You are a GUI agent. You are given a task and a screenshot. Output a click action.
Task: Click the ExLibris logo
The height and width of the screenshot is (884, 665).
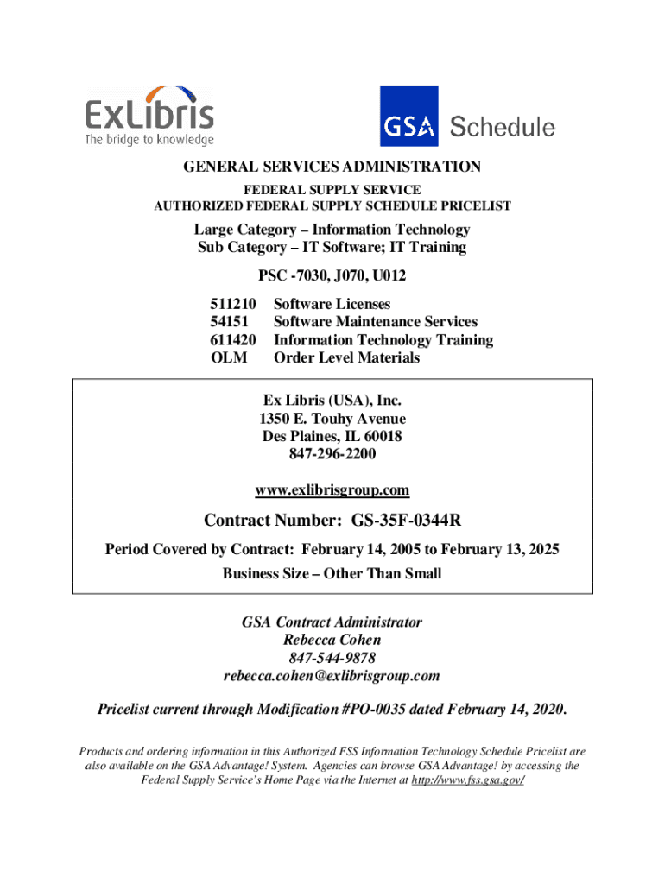[x=149, y=116]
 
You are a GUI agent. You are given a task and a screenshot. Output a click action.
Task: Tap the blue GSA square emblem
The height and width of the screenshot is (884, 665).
[x=409, y=117]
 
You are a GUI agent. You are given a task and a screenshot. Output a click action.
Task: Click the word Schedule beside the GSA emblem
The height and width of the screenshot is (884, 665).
[x=503, y=127]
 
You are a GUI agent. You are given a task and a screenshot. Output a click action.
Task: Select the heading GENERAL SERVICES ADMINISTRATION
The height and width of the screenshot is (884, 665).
[x=332, y=167]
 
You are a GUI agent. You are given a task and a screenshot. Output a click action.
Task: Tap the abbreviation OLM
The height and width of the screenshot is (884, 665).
[x=229, y=357]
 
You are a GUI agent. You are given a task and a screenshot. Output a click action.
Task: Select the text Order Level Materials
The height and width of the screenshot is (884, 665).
[x=346, y=357]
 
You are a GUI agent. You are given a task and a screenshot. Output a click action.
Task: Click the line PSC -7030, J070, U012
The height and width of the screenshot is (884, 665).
[x=332, y=276]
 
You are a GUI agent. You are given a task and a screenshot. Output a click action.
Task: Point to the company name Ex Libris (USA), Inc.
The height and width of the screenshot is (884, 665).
[x=332, y=401]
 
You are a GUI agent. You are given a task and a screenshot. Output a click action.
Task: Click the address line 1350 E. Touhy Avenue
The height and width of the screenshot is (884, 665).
[x=332, y=419]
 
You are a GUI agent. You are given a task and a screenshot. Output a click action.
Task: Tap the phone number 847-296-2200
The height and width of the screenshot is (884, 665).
[x=332, y=454]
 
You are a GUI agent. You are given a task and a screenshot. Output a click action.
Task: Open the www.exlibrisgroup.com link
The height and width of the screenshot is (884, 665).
[x=332, y=490]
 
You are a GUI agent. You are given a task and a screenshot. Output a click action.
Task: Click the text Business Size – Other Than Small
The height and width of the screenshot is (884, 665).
[x=332, y=573]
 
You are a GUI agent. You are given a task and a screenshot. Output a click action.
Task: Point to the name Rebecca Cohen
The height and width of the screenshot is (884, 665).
[x=332, y=640]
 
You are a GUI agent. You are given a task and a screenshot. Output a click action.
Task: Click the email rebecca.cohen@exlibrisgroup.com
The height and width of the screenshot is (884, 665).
[x=332, y=675]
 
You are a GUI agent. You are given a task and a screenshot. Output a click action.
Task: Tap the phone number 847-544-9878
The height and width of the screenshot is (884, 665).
[x=332, y=658]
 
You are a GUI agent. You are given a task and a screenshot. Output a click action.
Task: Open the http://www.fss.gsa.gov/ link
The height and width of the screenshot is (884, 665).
[x=470, y=780]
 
